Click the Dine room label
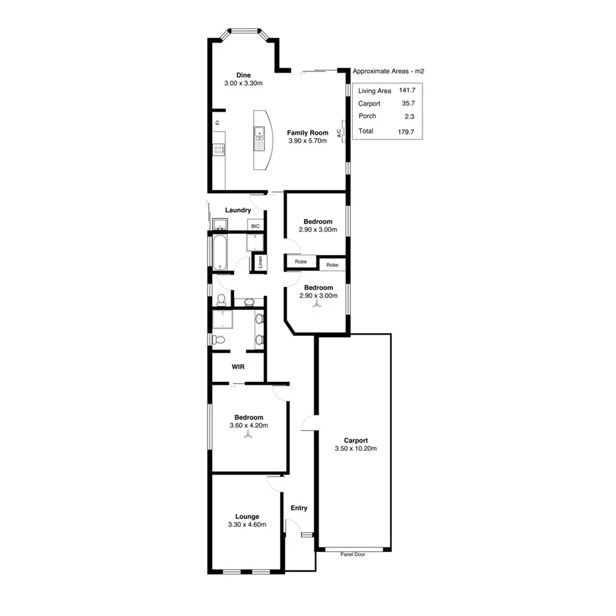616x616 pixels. coord(243,75)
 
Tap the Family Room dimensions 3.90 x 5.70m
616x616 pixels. coord(308,141)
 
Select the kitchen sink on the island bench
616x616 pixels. coord(260,137)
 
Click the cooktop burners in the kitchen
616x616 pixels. coord(218,149)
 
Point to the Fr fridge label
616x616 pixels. coord(216,122)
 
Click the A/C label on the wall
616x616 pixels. coord(339,133)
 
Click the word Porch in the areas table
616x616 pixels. coord(367,116)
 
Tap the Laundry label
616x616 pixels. coord(238,210)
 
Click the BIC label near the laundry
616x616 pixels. coord(256,226)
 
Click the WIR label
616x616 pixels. coord(239,366)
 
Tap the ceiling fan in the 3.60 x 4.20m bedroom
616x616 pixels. coord(249,436)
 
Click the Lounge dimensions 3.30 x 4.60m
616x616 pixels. coord(248,525)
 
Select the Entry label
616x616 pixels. coord(299,508)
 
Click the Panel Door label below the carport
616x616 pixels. coord(352,555)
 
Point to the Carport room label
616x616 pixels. coord(356,440)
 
